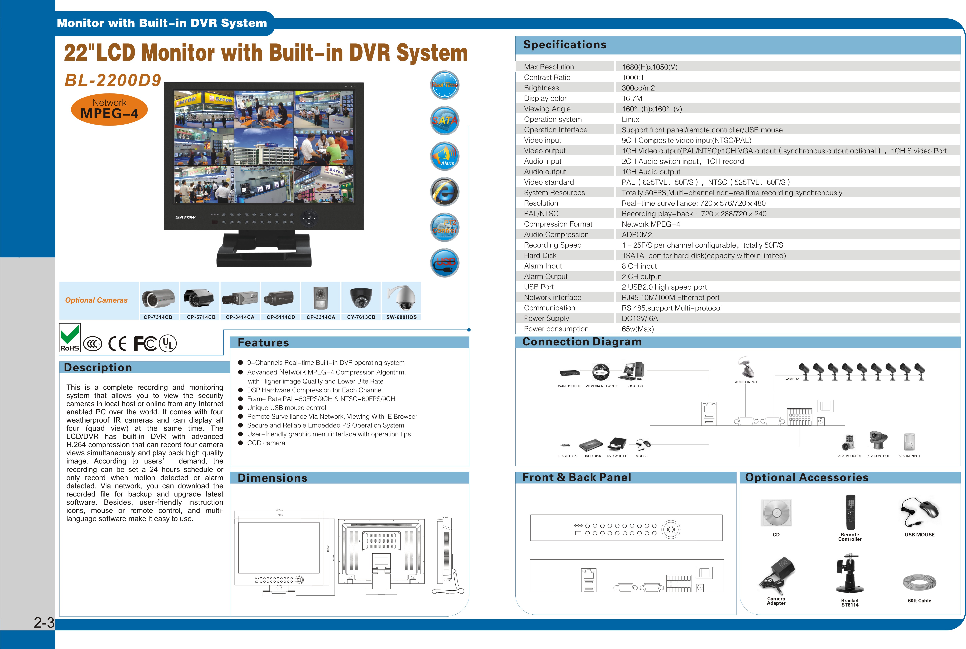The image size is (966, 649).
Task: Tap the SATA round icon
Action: click(x=445, y=120)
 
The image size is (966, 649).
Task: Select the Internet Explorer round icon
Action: click(x=445, y=192)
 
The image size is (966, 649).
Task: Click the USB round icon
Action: click(x=445, y=263)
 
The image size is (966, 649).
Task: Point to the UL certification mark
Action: click(x=168, y=343)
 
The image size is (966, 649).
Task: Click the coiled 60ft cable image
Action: click(x=919, y=582)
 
